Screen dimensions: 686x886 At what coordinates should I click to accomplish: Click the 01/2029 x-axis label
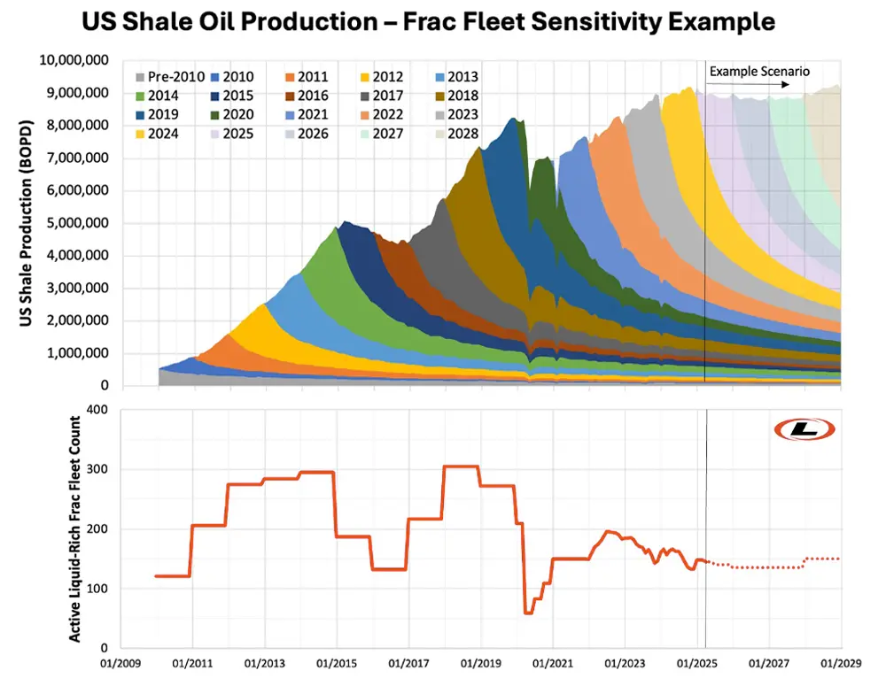[x=840, y=662]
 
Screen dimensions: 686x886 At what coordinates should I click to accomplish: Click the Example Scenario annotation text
[x=760, y=71]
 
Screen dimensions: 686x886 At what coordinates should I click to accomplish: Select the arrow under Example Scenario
[x=749, y=85]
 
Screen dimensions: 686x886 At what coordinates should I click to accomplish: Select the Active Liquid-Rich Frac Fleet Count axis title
[x=76, y=528]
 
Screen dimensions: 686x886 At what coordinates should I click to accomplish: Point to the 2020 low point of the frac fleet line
[x=529, y=612]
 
